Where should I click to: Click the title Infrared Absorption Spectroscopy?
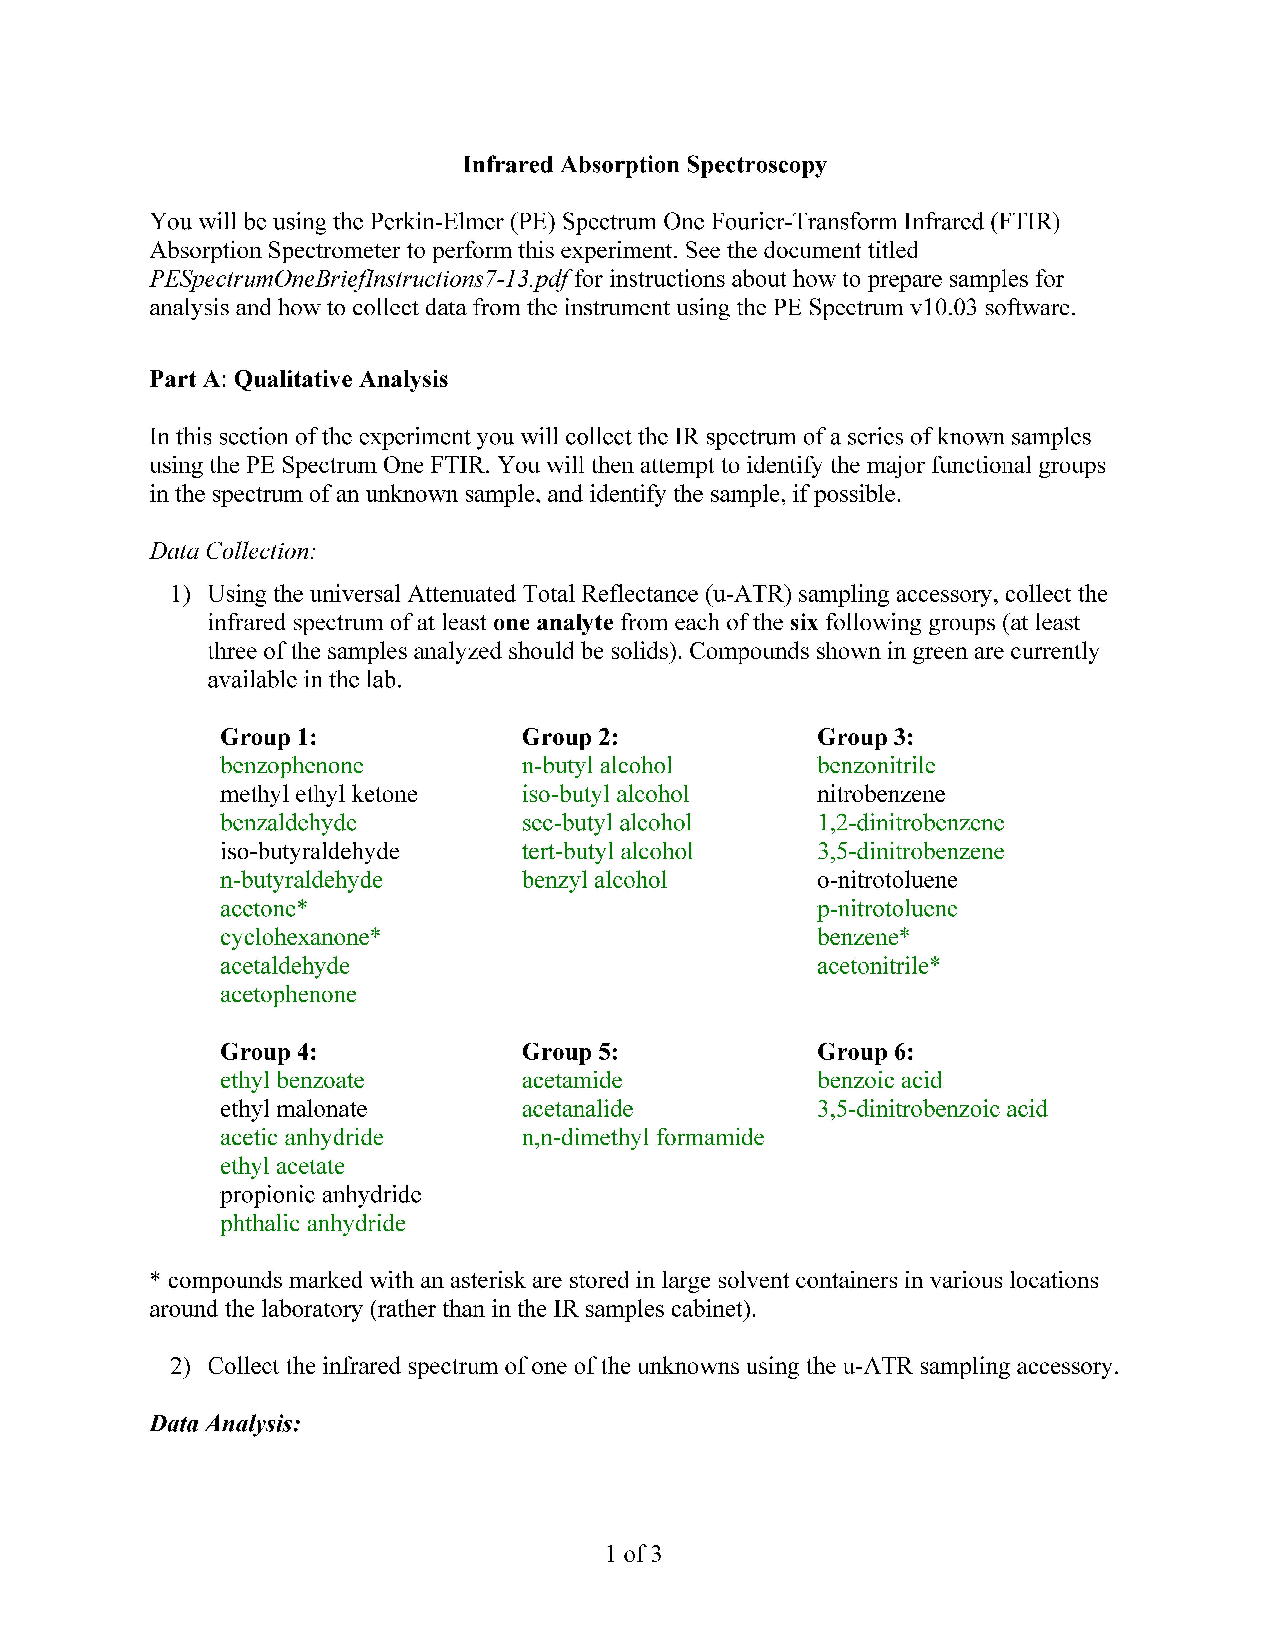coord(644,165)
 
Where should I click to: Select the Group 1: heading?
coord(268,737)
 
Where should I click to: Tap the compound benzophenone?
coord(292,765)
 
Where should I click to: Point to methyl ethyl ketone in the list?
coord(319,794)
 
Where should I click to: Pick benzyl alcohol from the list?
coord(594,880)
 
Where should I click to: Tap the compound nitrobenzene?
coord(881,794)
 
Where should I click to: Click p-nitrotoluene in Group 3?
coord(887,908)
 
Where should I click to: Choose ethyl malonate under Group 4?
coord(293,1109)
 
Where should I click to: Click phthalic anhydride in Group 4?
coord(313,1223)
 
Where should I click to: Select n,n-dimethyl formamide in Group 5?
coord(643,1137)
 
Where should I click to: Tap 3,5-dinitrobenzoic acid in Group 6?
coord(932,1109)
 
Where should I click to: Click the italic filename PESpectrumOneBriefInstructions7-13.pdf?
coord(359,279)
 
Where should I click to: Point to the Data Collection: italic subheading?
coord(232,551)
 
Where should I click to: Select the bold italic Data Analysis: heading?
coord(225,1423)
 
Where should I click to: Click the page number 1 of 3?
coord(634,1554)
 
